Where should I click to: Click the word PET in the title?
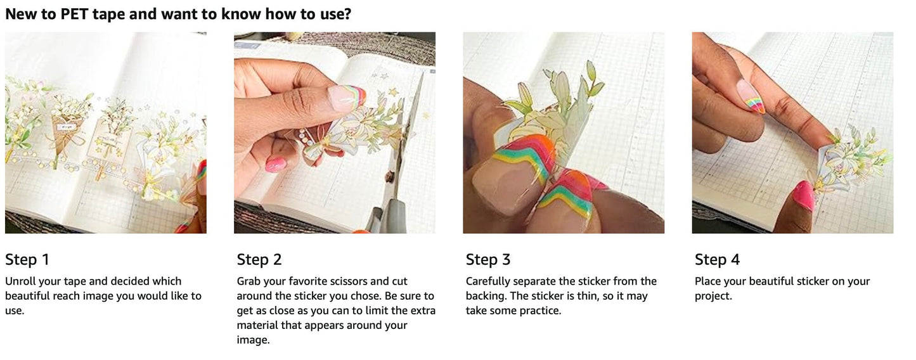tap(74, 14)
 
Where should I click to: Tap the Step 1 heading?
tap(27, 259)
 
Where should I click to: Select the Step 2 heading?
tap(259, 259)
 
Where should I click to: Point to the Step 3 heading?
tap(488, 259)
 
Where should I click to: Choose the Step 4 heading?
tap(717, 259)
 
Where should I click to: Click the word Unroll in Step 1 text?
tap(19, 281)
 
